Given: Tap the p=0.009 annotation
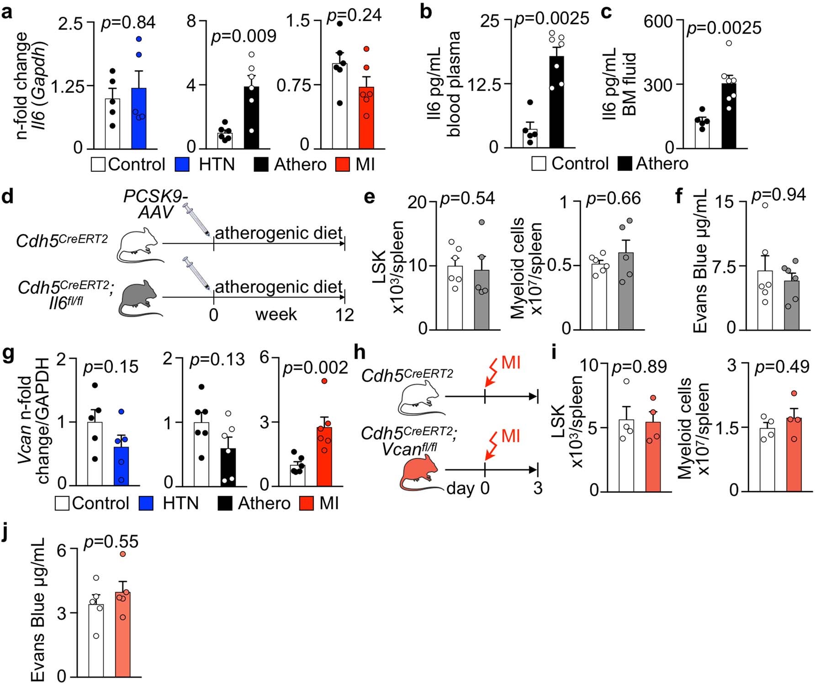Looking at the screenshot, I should point(243,36).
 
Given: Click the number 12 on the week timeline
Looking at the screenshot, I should point(344,315).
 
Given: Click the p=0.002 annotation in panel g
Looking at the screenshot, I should point(315,368).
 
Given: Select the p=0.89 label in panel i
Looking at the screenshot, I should point(639,367).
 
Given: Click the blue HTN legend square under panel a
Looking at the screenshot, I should point(183,164).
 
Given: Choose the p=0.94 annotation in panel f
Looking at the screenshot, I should point(778,195).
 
